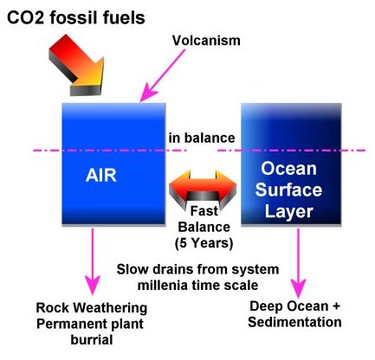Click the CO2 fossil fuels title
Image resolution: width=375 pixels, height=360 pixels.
tap(75, 18)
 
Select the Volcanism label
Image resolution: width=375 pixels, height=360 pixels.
tap(206, 41)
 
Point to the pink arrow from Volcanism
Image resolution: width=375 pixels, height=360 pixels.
tap(162, 75)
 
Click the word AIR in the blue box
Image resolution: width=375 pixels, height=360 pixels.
tap(101, 175)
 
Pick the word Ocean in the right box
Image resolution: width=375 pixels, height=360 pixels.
tap(288, 169)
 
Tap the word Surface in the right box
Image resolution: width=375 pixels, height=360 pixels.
tap(288, 190)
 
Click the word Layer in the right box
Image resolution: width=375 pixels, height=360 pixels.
tap(288, 211)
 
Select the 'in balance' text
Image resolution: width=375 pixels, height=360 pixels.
tap(202, 138)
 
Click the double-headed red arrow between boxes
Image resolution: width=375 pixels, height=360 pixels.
tap(203, 188)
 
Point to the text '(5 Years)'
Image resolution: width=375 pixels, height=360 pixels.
tap(204, 243)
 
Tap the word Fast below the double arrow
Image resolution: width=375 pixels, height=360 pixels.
tap(204, 211)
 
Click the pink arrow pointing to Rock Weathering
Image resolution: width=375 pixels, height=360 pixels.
tap(93, 261)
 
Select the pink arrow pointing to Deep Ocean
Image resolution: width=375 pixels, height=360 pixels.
tap(298, 262)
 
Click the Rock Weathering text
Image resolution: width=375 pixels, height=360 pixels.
tap(92, 308)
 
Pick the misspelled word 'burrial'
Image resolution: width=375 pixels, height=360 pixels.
tap(92, 339)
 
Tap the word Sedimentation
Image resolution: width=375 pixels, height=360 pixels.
tap(294, 322)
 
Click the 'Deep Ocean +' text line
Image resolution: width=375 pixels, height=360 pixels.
tap(294, 306)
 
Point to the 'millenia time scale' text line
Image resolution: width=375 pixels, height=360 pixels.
tap(197, 286)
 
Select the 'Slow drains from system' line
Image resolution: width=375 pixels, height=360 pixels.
tap(197, 269)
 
